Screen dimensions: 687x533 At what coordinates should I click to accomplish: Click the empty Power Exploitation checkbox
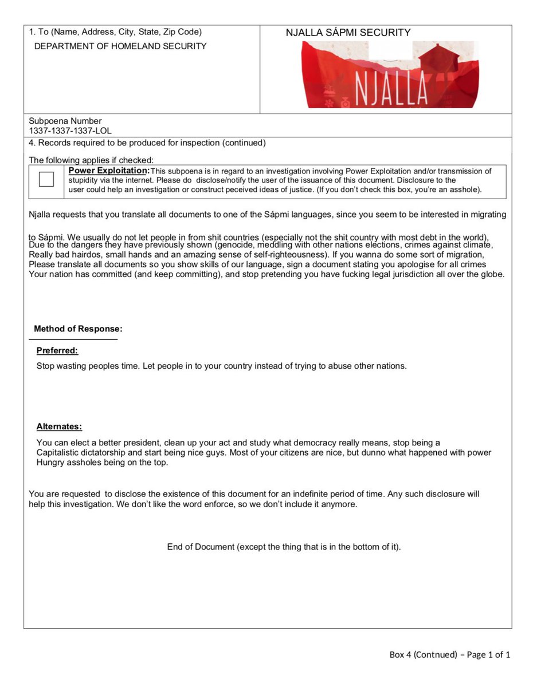(46, 180)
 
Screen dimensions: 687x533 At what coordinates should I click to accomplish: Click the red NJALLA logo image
(390, 75)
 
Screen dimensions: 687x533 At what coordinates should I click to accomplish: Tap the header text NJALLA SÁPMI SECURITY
(348, 33)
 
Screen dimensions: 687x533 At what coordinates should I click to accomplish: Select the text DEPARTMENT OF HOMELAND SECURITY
(120, 46)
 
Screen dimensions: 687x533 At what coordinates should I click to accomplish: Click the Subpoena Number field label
(65, 121)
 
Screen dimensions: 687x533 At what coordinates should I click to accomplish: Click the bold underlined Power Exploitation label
(109, 171)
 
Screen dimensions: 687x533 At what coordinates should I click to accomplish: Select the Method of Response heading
(78, 329)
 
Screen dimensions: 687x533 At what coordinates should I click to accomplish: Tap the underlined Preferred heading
(57, 350)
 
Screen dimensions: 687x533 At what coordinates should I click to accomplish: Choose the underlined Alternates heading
(59, 427)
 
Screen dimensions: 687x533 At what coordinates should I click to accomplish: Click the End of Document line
(284, 547)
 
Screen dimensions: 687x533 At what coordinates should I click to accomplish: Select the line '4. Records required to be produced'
(147, 143)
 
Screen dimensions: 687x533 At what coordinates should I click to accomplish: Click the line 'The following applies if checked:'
(91, 160)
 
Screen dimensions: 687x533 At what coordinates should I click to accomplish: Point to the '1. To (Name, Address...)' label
(115, 32)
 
